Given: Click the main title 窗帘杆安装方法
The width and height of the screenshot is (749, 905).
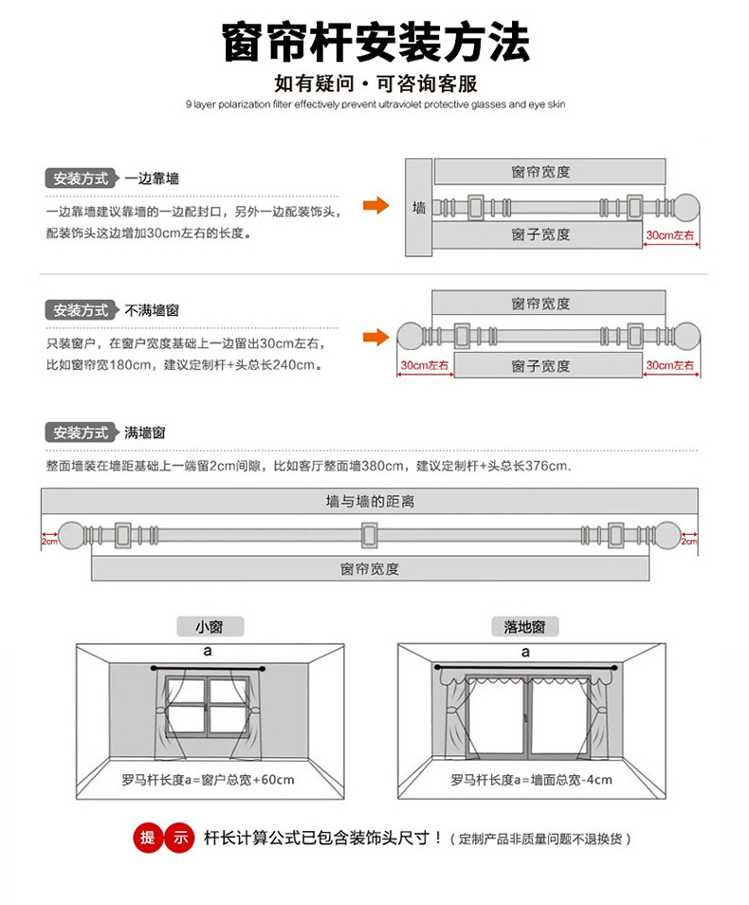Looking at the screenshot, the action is point(375,44).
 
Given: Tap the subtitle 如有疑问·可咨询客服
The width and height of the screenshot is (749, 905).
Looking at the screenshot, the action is point(375,83).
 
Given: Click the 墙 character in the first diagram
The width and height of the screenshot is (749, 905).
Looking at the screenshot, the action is point(418,207).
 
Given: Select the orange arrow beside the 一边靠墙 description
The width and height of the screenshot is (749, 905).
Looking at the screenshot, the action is point(376,205).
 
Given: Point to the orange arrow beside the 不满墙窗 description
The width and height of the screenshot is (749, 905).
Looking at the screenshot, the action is point(376,337).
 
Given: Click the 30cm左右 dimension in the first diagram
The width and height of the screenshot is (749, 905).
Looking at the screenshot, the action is point(671,234).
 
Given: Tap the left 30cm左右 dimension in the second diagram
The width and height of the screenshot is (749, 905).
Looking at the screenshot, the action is point(423,365).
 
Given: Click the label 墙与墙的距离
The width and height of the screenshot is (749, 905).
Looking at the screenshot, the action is point(370,501).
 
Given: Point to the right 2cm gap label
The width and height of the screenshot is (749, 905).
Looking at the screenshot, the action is point(689,541).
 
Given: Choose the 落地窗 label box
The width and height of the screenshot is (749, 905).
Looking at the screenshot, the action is point(524,627).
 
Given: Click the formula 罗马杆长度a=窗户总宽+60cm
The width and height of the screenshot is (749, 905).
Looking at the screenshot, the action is point(209,780).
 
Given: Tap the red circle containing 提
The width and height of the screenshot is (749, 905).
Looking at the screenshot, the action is point(147,838).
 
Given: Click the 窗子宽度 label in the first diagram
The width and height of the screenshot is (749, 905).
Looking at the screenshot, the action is point(540,234).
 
